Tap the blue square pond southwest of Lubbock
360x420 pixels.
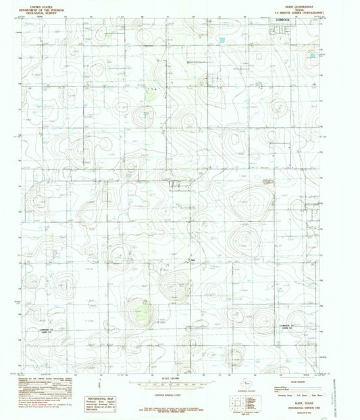[x=221, y=40]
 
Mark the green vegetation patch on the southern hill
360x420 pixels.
[x=143, y=311]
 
